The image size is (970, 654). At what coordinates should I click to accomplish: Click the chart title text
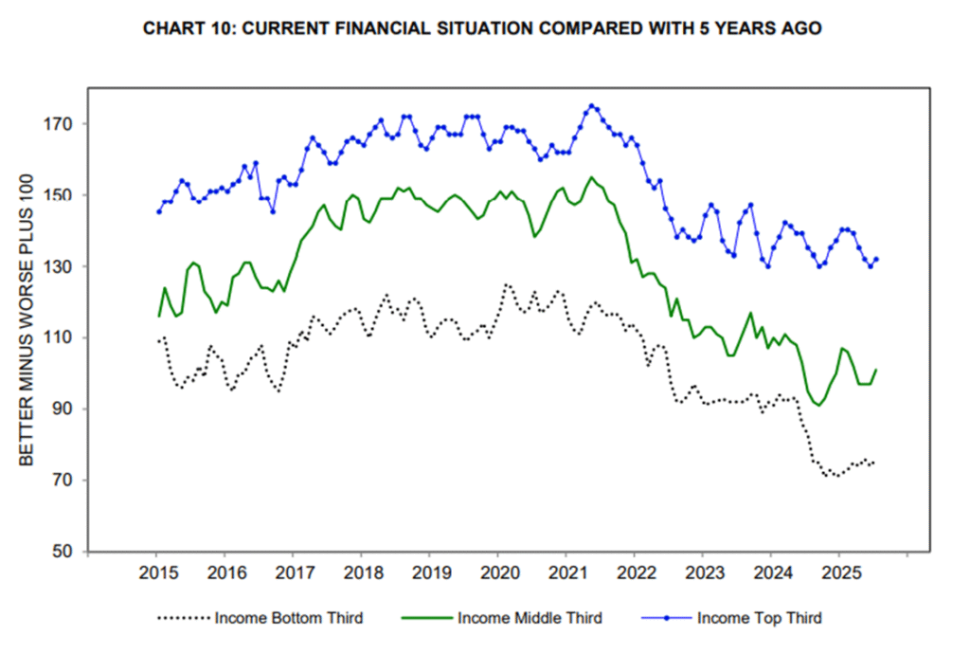tap(481, 29)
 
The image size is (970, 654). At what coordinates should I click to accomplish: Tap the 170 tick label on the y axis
tap(63, 124)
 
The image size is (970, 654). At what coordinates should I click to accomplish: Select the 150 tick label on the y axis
tap(63, 195)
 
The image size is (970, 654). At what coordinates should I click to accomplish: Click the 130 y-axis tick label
tap(63, 266)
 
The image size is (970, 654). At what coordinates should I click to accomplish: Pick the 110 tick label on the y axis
tap(63, 337)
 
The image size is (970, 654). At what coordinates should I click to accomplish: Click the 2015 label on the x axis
tap(156, 573)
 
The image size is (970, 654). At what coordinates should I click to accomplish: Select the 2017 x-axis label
tap(293, 573)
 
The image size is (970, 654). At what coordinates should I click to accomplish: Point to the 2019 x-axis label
tap(429, 573)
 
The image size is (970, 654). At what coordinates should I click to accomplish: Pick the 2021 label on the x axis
tap(566, 573)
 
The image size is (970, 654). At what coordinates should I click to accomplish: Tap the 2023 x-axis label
tap(702, 573)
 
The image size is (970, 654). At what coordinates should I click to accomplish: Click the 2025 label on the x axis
tap(838, 573)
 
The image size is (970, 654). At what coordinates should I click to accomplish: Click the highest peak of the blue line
tap(591, 105)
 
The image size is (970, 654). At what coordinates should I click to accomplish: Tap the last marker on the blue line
tap(876, 259)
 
